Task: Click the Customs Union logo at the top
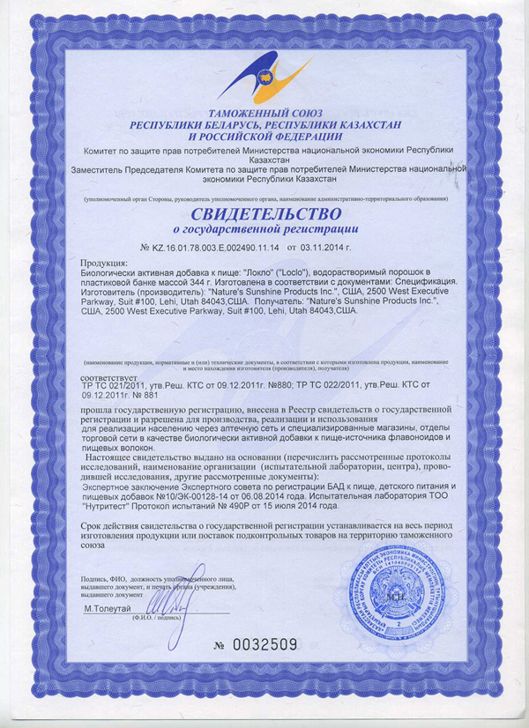pos(264,78)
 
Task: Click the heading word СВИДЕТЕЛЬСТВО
pos(264,215)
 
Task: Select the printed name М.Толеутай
pos(108,609)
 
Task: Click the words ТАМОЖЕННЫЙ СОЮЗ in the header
pos(264,115)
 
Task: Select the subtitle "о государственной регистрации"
pos(264,231)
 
